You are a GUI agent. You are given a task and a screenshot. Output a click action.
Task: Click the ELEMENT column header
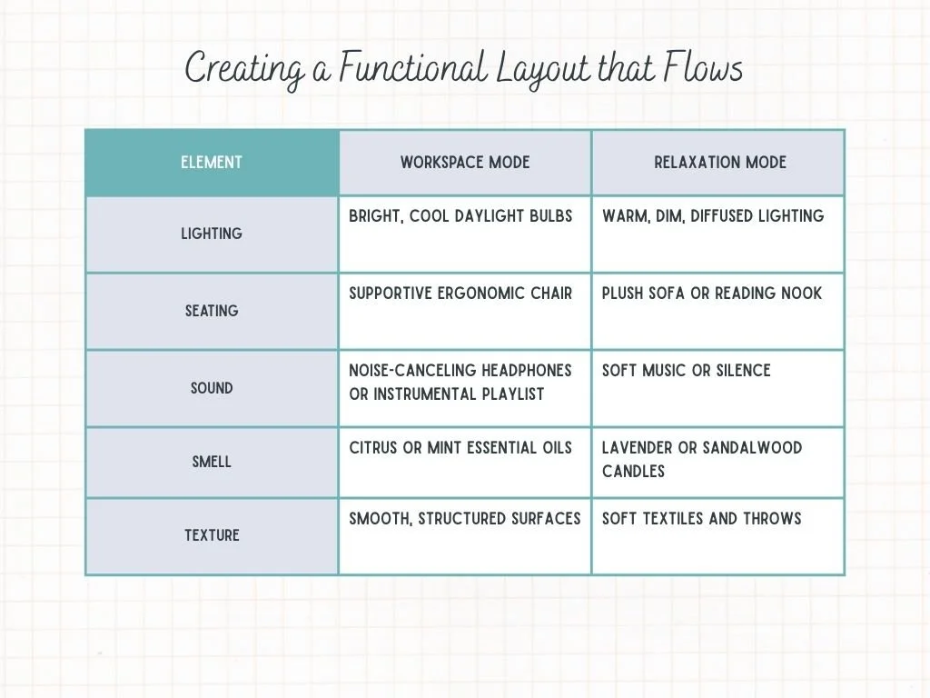coord(212,163)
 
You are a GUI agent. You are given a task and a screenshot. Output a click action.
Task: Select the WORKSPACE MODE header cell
coord(465,163)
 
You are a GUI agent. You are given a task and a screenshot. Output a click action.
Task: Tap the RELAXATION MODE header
coord(720,163)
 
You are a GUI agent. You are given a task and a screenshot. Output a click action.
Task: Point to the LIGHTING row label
coord(212,234)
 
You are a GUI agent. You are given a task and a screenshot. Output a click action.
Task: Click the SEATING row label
coord(212,311)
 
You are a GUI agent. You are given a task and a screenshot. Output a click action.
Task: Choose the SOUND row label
coord(212,388)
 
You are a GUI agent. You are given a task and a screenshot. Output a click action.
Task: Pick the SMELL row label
coord(212,462)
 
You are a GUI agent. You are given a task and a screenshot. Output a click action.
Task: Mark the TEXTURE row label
coord(212,535)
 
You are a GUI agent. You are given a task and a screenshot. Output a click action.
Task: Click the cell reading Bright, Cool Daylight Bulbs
coord(460,216)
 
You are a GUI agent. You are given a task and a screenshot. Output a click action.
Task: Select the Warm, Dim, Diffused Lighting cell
coord(713,216)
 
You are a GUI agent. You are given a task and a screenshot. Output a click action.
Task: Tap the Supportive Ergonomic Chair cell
coord(460,294)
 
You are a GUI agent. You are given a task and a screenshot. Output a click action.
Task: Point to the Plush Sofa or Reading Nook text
coord(712,294)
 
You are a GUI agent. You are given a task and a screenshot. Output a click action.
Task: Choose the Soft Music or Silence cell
coord(686,371)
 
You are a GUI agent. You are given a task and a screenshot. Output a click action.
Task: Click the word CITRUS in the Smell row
coord(372,448)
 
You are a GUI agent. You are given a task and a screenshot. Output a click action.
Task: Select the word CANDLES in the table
coord(633,472)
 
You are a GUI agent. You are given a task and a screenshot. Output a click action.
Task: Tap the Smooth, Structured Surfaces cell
coord(464,519)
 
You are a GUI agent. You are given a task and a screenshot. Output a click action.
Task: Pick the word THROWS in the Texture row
coord(772,519)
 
